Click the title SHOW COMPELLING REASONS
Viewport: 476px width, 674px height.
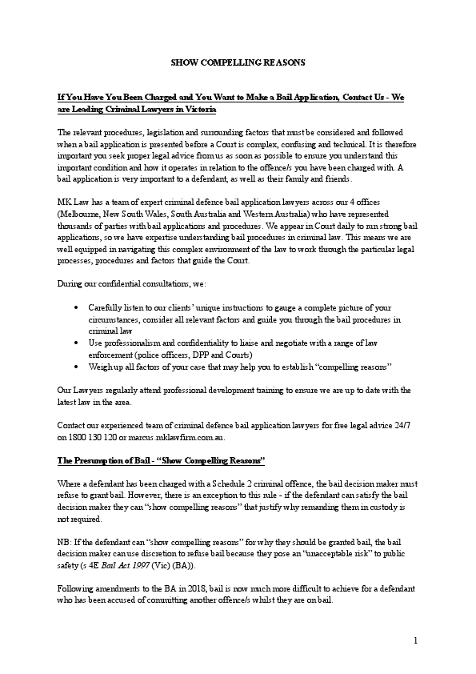[x=238, y=62]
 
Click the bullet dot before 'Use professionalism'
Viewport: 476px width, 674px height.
[x=75, y=342]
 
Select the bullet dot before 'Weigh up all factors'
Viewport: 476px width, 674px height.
[x=75, y=366]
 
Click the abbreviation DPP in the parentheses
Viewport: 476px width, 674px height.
[x=206, y=354]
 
